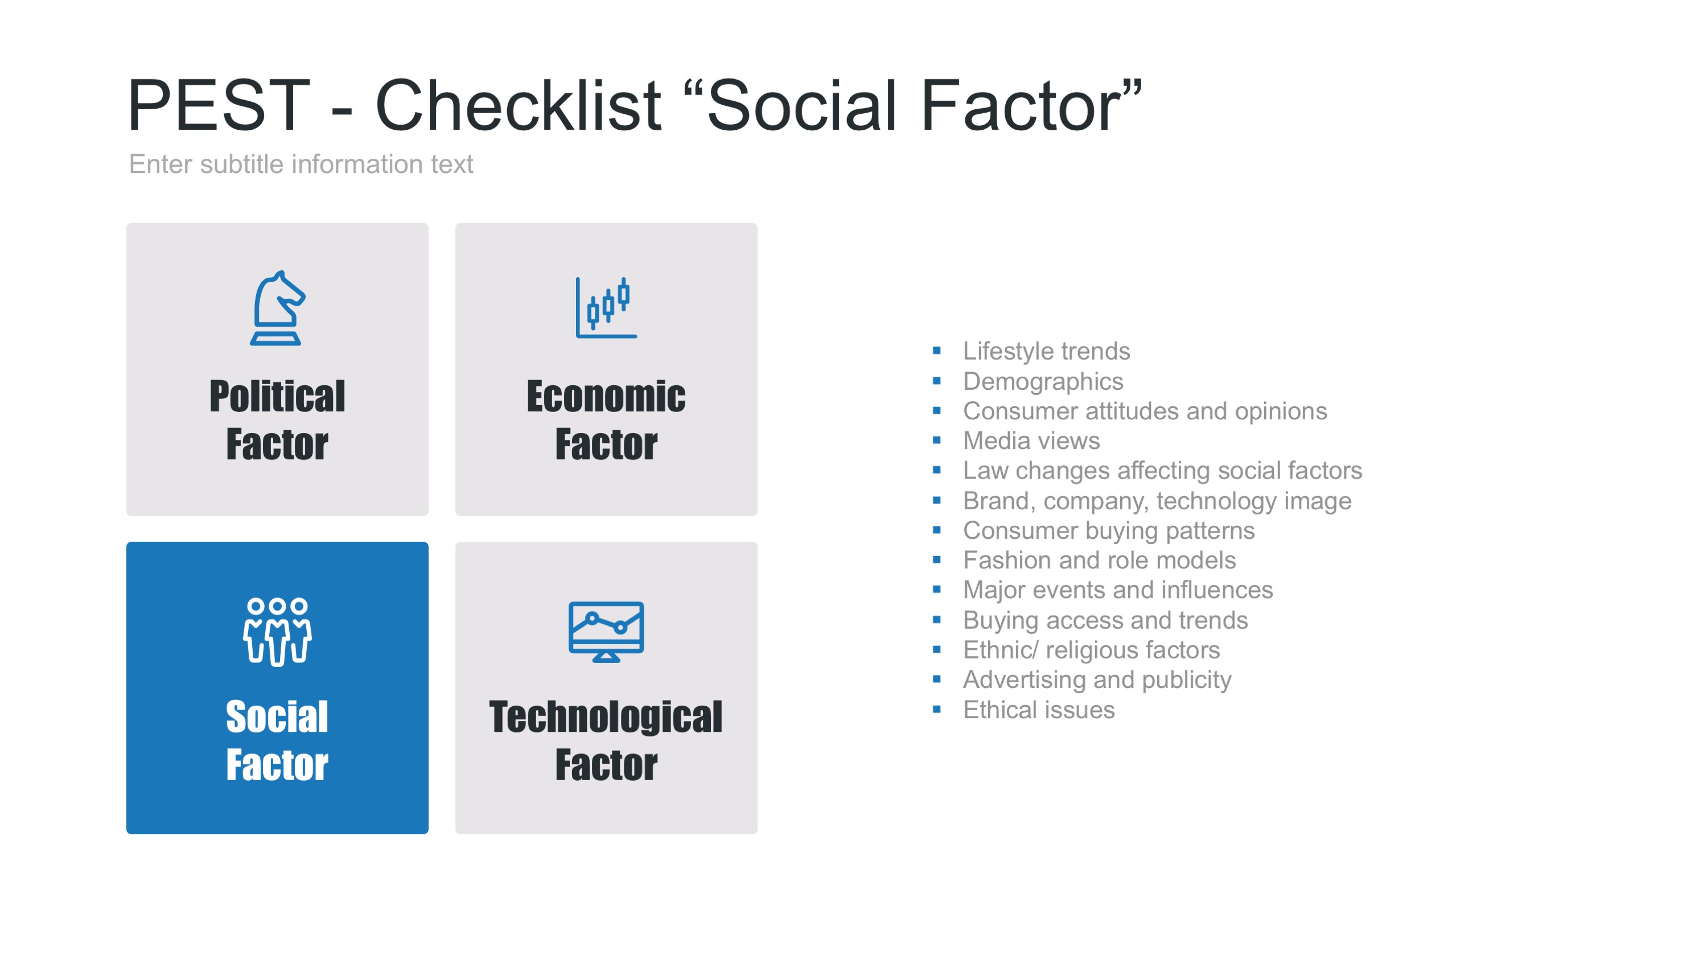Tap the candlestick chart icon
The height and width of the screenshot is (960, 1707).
click(606, 308)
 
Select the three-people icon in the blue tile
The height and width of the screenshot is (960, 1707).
click(277, 632)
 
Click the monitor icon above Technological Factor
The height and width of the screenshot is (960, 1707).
click(606, 632)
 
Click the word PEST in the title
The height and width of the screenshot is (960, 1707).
click(219, 105)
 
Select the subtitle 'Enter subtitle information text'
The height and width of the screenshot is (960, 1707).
click(301, 164)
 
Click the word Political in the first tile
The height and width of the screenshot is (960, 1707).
click(277, 396)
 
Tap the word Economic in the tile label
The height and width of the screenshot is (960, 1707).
click(606, 396)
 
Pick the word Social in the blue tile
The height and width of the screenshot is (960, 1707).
click(277, 717)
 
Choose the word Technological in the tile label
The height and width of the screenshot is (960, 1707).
click(606, 718)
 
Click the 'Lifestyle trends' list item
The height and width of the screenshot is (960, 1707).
click(1046, 351)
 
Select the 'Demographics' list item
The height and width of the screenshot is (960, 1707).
click(1043, 382)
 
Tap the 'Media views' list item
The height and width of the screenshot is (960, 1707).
click(1031, 440)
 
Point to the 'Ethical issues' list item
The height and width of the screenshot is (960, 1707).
click(1038, 710)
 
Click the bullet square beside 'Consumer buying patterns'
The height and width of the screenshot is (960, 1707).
click(936, 530)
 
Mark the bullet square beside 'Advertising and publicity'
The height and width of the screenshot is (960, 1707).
click(936, 679)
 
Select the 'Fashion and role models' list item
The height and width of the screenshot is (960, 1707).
click(1099, 561)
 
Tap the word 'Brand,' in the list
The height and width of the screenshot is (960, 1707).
click(999, 501)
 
